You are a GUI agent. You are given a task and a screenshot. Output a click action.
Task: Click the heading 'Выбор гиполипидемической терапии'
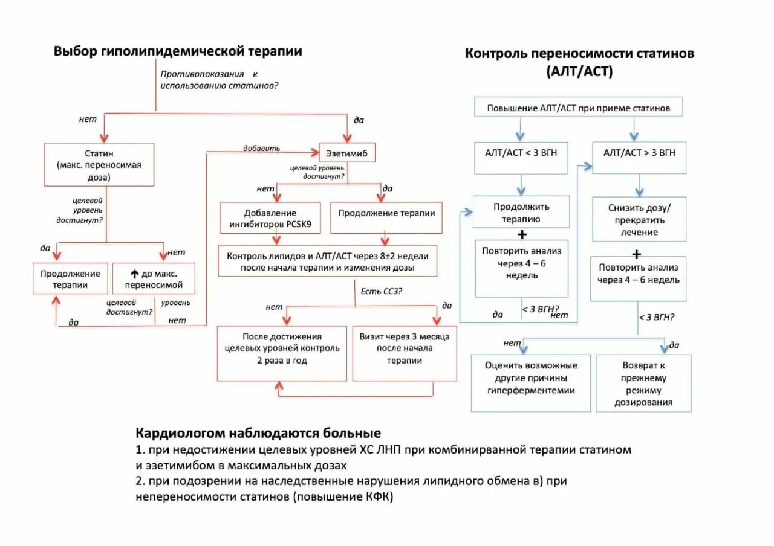(178, 51)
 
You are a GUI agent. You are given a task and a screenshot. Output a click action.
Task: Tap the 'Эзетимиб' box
(347, 153)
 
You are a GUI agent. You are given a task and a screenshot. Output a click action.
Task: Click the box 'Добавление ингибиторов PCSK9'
(270, 219)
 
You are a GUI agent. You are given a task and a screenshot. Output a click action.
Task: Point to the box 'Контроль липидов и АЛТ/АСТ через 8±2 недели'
(327, 262)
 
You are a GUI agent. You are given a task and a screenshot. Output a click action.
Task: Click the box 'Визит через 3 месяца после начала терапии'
(405, 353)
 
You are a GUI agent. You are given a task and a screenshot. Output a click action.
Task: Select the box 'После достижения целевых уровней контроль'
(282, 353)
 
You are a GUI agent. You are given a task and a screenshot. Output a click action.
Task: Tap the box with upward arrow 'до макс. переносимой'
(154, 278)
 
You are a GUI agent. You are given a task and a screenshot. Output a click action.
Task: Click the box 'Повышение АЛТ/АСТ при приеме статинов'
(579, 109)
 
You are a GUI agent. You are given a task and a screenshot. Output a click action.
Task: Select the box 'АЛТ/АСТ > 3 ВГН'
(639, 153)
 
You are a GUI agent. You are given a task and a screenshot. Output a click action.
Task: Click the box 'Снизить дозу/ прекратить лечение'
(639, 219)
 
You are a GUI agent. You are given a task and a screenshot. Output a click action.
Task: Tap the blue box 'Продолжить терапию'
(521, 213)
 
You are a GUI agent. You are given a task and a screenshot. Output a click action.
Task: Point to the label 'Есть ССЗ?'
(382, 291)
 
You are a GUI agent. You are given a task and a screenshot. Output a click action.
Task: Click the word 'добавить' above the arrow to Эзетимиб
(261, 148)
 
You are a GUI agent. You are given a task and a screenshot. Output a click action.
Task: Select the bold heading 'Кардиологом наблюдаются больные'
(258, 433)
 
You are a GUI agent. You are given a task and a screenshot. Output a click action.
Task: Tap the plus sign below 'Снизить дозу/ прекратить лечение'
(636, 254)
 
